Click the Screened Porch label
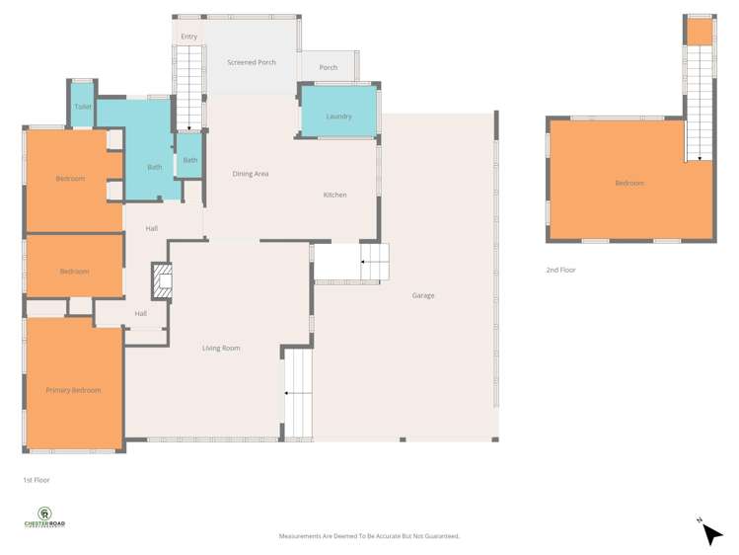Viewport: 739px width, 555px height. pyautogui.click(x=252, y=62)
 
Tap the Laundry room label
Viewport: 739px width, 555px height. pyautogui.click(x=338, y=117)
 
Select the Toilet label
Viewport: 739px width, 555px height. pyautogui.click(x=83, y=107)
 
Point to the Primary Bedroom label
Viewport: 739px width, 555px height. pyautogui.click(x=73, y=390)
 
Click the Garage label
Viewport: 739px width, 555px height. pyautogui.click(x=423, y=295)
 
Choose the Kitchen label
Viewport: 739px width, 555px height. pyautogui.click(x=335, y=195)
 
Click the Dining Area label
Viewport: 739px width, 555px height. pyautogui.click(x=251, y=174)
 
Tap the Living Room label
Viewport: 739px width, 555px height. pyautogui.click(x=221, y=348)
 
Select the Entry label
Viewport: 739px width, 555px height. pyautogui.click(x=188, y=37)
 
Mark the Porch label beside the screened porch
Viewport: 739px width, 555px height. pyautogui.click(x=329, y=68)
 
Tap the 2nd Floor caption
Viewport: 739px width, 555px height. pyautogui.click(x=560, y=270)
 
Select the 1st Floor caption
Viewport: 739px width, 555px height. pyautogui.click(x=37, y=480)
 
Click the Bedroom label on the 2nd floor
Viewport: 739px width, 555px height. pyautogui.click(x=629, y=183)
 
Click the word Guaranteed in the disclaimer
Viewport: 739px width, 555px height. pyautogui.click(x=441, y=536)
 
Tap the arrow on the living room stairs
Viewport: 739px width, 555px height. pyautogui.click(x=287, y=393)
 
